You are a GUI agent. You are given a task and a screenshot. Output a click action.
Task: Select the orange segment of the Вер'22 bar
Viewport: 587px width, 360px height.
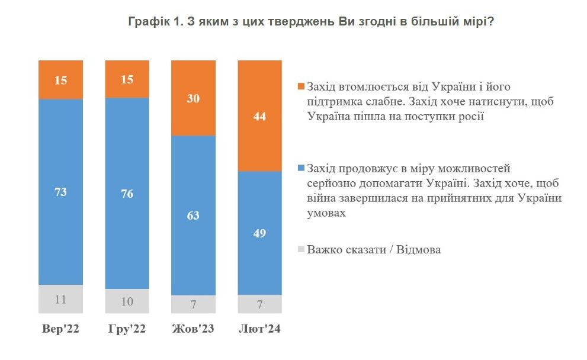click(61, 79)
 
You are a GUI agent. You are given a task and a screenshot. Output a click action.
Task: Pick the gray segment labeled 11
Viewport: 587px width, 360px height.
click(61, 300)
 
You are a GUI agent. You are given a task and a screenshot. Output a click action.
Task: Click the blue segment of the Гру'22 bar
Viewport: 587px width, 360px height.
click(127, 194)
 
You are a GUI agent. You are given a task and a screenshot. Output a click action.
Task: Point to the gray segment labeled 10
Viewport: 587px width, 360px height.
click(127, 301)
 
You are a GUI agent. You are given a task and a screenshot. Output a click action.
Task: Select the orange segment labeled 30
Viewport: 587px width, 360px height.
click(193, 98)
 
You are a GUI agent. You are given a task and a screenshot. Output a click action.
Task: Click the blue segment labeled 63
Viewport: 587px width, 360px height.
click(193, 215)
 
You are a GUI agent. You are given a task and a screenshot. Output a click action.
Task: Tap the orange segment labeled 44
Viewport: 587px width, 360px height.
click(259, 116)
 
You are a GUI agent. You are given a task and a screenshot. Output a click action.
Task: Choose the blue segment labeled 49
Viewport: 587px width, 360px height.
click(259, 233)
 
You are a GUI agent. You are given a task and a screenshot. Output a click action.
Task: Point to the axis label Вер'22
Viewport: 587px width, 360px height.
click(61, 329)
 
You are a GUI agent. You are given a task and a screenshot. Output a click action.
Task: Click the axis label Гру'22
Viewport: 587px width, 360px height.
click(127, 329)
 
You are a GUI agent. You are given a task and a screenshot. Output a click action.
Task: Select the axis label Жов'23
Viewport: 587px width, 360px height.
click(193, 329)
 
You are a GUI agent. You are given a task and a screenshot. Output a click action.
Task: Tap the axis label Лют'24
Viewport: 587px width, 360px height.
click(259, 329)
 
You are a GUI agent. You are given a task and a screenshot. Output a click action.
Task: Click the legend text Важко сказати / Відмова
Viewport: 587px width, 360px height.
click(374, 250)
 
